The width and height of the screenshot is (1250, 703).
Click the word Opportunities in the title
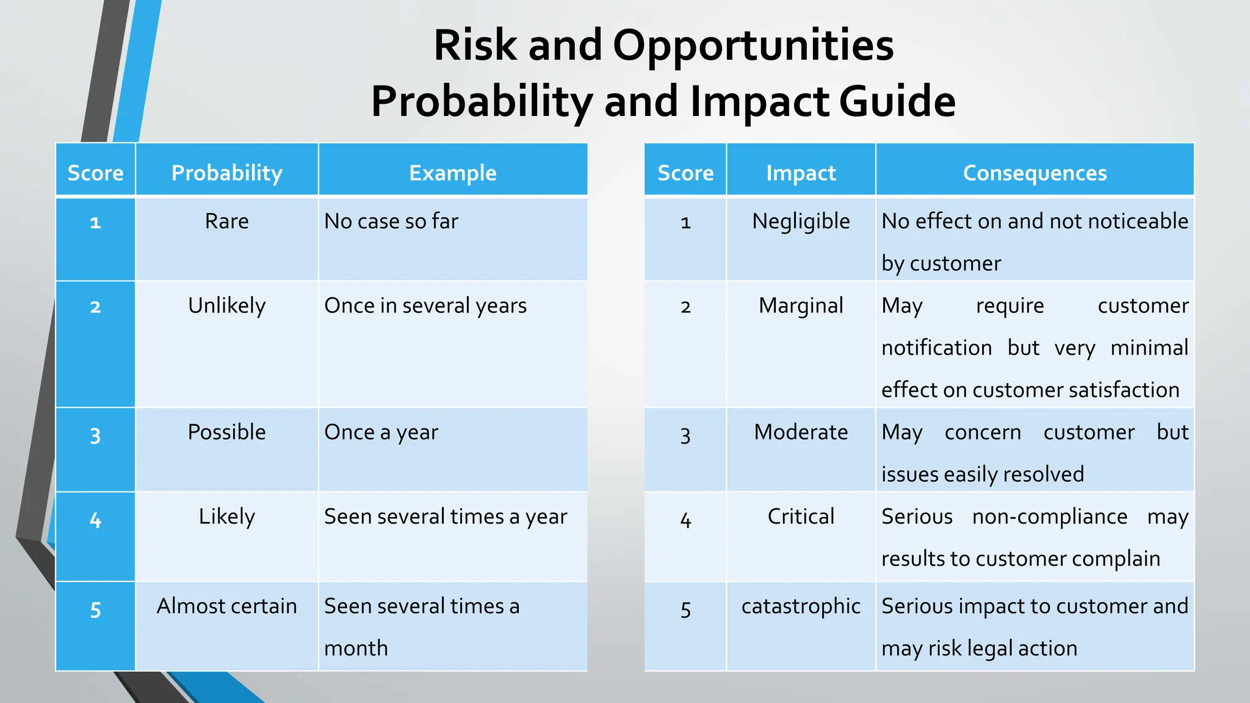(753, 46)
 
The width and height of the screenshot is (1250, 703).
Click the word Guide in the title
(897, 101)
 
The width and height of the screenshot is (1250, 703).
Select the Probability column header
(226, 173)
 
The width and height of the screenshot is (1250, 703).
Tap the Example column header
(452, 173)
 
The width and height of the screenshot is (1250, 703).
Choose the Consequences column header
(1035, 173)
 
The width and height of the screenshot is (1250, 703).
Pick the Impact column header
(801, 173)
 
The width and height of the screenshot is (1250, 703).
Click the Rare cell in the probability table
(226, 221)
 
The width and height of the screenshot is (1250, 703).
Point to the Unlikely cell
(226, 305)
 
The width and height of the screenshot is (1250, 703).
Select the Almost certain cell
(226, 606)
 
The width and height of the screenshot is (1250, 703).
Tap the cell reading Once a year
(381, 432)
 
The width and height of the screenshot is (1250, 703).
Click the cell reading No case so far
(391, 221)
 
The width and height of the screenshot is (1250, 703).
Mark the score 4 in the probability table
(95, 520)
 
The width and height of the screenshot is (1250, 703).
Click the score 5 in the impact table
(685, 610)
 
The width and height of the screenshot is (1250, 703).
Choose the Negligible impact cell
(801, 221)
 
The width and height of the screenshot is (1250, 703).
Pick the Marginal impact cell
(801, 305)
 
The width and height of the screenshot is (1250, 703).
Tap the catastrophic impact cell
(801, 606)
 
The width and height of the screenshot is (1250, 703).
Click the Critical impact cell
(801, 516)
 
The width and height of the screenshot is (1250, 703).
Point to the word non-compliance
(1049, 516)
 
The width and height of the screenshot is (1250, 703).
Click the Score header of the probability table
(95, 173)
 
